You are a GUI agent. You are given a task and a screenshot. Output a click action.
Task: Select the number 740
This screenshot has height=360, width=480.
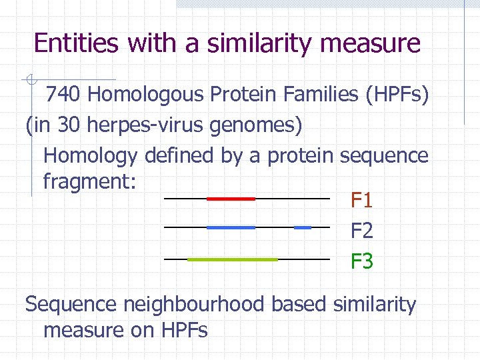63,95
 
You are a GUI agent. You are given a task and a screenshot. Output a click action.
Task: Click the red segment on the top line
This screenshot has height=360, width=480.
231,199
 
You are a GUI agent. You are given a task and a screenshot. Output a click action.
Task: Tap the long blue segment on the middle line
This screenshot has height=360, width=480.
231,227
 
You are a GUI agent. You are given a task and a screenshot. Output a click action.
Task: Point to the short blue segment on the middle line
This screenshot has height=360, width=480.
303,227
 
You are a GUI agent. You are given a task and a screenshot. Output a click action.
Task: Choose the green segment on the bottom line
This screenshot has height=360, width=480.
233,259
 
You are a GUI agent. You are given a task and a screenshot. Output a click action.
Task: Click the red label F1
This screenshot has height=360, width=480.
362,200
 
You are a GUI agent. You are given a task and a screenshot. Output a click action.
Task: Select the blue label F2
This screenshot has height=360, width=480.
362,231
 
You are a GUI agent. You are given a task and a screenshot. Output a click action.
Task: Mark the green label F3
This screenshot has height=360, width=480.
362,261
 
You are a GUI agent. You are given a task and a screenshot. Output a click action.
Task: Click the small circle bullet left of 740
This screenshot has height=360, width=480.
29,81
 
